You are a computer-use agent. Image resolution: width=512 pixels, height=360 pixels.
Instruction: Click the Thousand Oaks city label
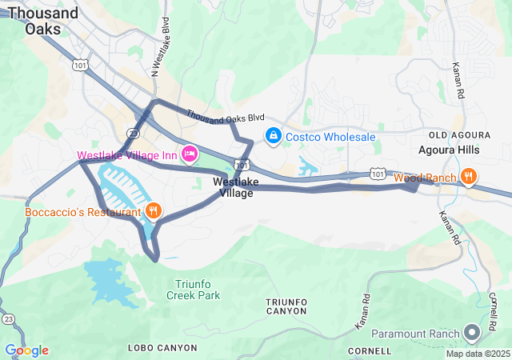(x=43, y=20)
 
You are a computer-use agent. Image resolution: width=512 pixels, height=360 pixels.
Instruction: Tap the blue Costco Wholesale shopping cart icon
(x=274, y=137)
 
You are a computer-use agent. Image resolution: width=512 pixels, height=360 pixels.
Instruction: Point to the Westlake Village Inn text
(x=127, y=154)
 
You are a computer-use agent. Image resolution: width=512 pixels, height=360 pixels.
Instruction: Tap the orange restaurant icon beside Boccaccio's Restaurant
(x=153, y=211)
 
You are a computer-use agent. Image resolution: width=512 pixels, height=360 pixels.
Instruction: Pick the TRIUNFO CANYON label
(x=286, y=306)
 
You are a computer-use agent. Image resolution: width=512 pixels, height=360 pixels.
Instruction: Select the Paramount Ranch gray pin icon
(x=472, y=332)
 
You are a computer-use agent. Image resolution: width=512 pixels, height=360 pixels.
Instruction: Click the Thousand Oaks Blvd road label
(x=226, y=117)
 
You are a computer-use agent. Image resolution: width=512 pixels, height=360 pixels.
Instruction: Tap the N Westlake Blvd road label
(x=161, y=48)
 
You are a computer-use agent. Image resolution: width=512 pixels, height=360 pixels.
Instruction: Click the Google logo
(x=26, y=350)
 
